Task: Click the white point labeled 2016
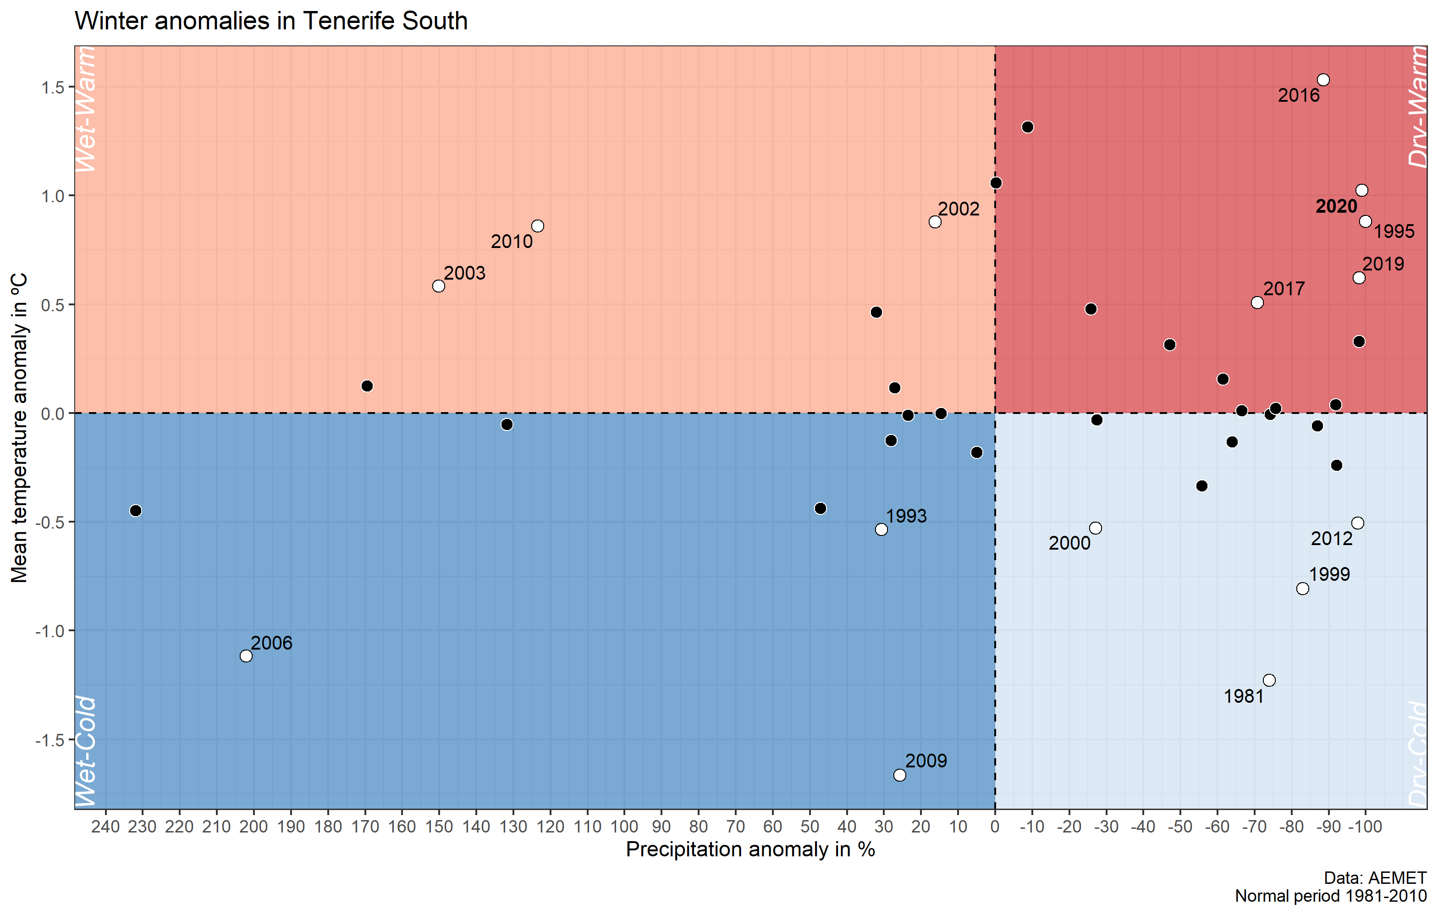1323,80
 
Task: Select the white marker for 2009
899,775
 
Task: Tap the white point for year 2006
246,656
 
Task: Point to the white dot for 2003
438,286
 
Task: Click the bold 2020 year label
1337,207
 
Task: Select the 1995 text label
1394,232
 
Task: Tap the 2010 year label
511,242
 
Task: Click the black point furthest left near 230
136,511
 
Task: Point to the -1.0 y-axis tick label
49,631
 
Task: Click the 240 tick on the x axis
106,827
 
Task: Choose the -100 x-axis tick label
1365,827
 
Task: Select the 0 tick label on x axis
995,827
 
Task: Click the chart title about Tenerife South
270,22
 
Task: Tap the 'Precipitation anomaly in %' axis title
750,850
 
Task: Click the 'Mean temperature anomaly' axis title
19,428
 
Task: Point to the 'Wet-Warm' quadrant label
85,109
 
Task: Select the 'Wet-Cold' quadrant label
85,751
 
